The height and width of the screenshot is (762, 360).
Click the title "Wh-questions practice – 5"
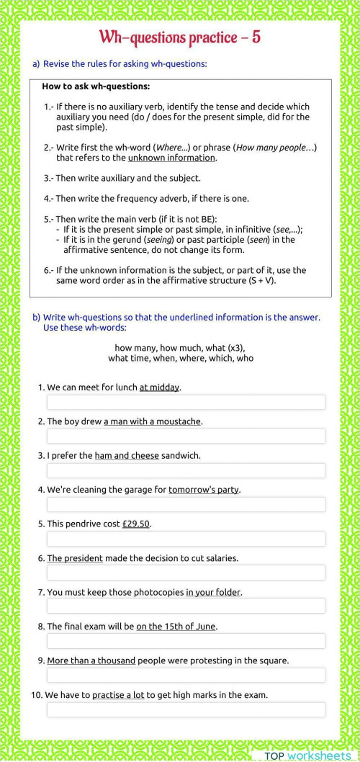(x=179, y=37)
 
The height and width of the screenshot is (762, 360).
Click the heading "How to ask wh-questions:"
(x=96, y=86)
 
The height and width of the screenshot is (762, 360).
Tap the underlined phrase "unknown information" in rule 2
(x=171, y=158)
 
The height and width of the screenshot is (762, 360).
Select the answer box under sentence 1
(x=186, y=402)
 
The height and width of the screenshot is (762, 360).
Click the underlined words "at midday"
(x=159, y=387)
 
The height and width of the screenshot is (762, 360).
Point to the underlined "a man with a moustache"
(x=152, y=421)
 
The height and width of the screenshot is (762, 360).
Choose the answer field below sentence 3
(x=186, y=470)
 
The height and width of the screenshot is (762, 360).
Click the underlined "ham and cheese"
(x=126, y=456)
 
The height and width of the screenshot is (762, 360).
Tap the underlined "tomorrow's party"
(x=204, y=490)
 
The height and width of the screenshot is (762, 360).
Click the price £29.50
(x=136, y=524)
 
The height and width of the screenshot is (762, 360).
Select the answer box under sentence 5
(x=186, y=539)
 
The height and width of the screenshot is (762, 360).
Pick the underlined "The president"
(x=75, y=558)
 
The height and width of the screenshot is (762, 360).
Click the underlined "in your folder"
(x=213, y=592)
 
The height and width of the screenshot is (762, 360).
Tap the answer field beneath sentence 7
(x=186, y=606)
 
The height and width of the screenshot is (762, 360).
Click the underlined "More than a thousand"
(x=91, y=660)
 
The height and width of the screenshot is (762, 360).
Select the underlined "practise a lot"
(x=118, y=695)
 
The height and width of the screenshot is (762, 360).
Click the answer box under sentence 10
(x=186, y=709)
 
